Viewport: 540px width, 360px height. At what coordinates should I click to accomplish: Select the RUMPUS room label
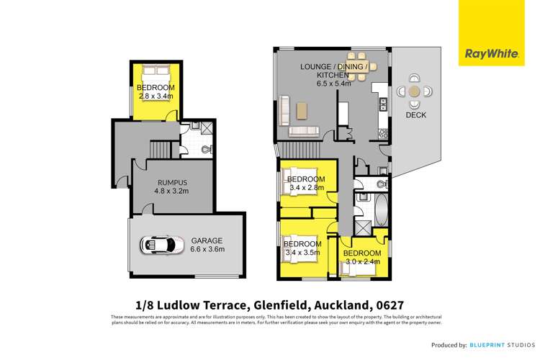coord(171,183)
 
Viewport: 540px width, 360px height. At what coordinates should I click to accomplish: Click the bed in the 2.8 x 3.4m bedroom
coord(156,73)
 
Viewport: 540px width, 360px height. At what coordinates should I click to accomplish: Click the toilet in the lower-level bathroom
coord(207,150)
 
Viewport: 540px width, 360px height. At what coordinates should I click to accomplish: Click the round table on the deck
coord(415,91)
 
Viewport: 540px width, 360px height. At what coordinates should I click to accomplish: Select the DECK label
coord(416,114)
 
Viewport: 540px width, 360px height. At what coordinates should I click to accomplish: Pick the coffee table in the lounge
coord(302,109)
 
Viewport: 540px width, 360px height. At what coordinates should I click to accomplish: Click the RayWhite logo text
coord(487,53)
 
